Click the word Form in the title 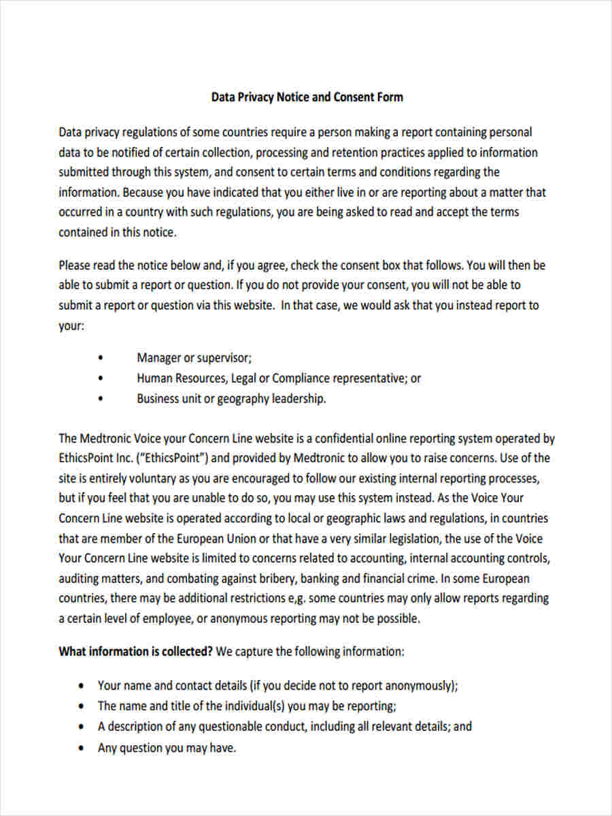coord(389,97)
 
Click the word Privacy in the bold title coord(255,97)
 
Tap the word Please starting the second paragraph coord(76,265)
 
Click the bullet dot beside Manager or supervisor coord(101,358)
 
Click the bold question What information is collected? coord(136,651)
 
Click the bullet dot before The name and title coord(82,706)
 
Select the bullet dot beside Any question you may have coord(82,748)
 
